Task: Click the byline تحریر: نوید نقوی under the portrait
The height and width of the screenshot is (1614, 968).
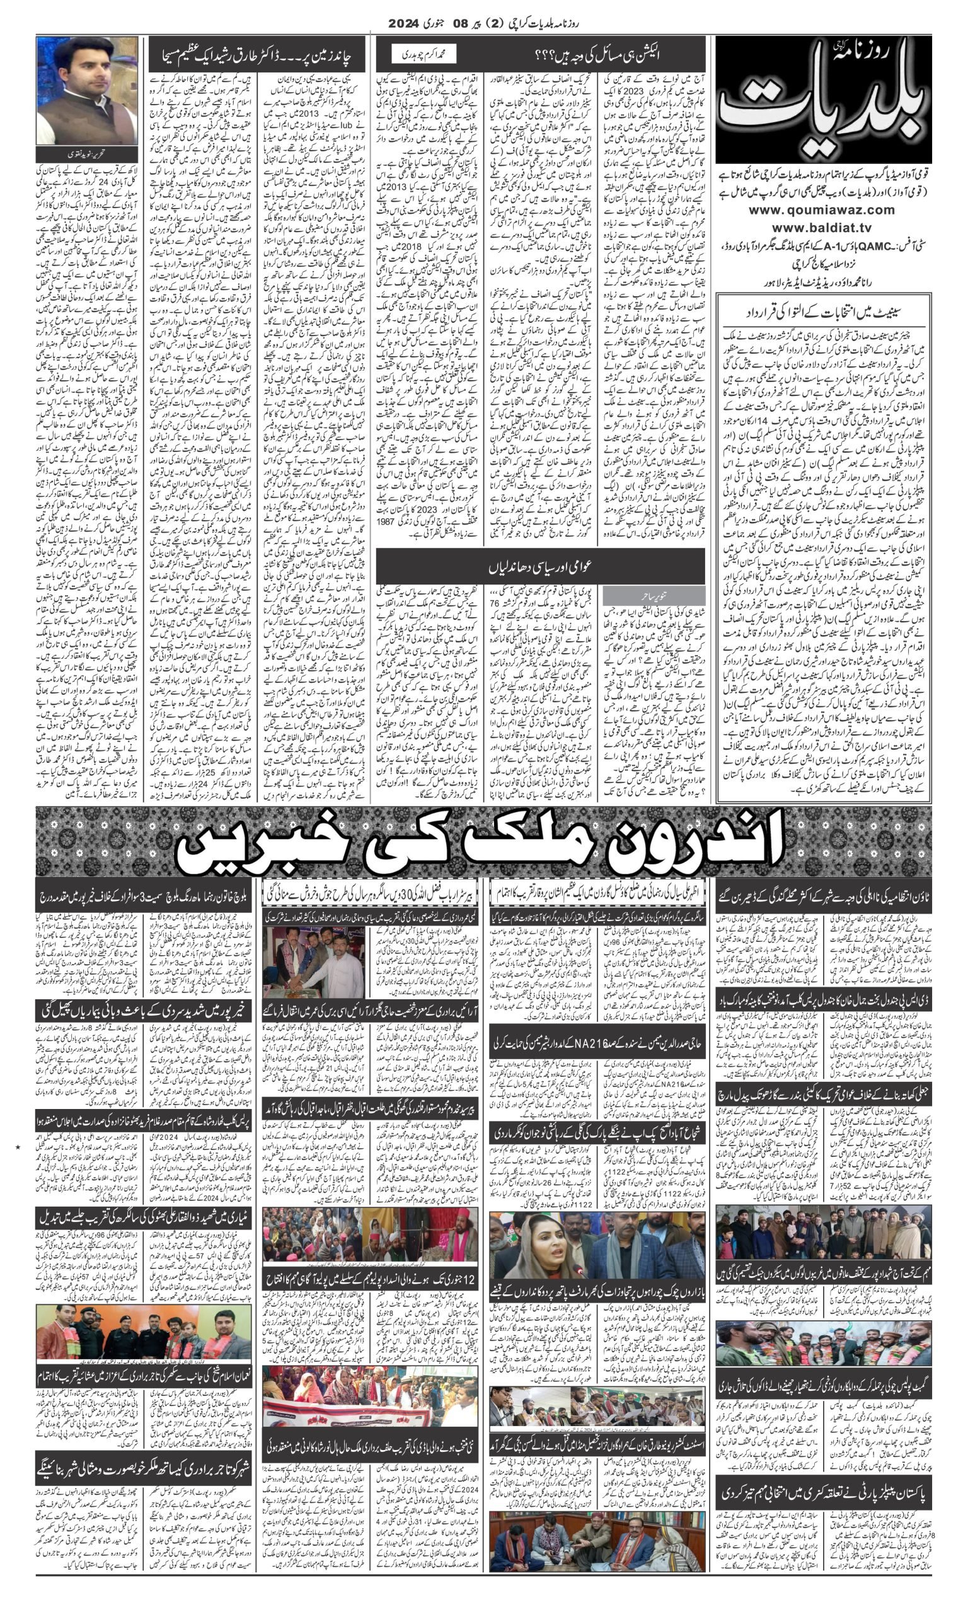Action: coord(86,154)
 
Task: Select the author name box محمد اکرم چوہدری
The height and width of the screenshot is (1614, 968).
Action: coord(423,54)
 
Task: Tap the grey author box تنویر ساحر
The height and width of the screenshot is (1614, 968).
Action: coord(654,595)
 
